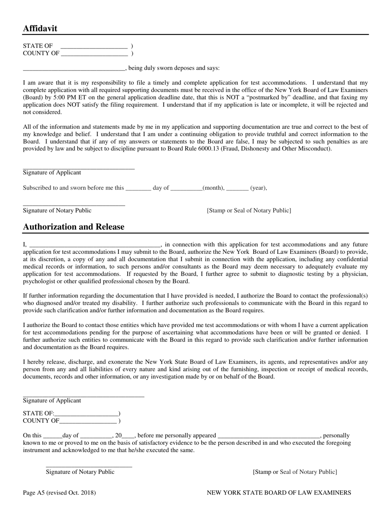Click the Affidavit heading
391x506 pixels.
pos(40,28)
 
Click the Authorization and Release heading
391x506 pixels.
pos(74,227)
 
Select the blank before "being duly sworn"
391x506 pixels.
pos(74,68)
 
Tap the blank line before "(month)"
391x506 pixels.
pos(186,188)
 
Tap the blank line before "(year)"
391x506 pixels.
pos(237,188)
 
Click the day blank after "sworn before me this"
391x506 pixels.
pos(138,188)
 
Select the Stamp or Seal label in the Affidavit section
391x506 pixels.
pos(249,210)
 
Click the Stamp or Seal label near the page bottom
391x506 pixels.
pos(295,472)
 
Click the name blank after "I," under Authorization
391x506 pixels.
pos(95,244)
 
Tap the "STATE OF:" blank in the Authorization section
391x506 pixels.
pos(86,413)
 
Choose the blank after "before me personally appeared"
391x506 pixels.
pos(269,436)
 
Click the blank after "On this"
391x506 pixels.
pos(53,436)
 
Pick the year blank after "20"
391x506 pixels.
pos(128,436)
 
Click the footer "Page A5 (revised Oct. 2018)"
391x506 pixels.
pos(59,492)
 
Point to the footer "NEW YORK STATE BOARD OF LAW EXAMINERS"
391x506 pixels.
pos(279,492)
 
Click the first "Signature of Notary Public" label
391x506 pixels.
pos(57,210)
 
